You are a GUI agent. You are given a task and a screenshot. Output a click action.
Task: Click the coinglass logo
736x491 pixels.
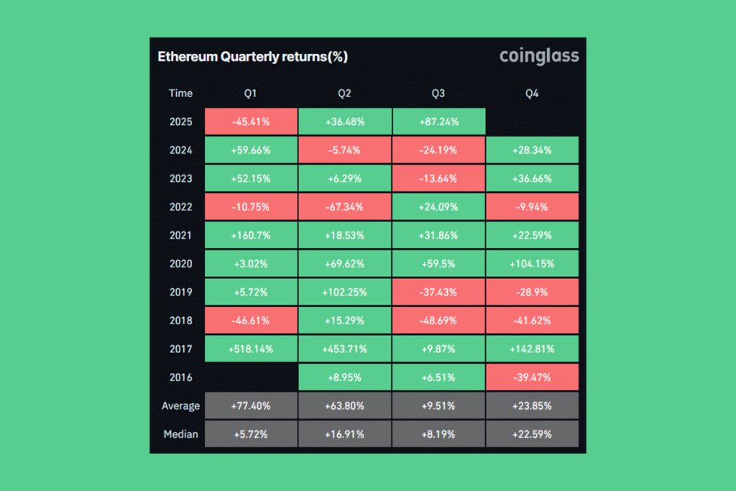point(539,56)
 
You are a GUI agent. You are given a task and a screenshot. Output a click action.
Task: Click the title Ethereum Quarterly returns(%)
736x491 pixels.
point(252,57)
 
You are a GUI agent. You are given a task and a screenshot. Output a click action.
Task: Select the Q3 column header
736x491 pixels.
point(438,93)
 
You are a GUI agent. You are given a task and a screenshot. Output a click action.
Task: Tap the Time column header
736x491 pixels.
point(180,93)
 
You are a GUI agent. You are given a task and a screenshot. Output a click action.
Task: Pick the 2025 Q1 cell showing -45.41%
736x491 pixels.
point(251,121)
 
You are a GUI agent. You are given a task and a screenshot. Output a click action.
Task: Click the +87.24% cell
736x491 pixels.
point(438,121)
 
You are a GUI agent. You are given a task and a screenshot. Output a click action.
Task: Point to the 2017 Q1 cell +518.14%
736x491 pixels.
point(251,349)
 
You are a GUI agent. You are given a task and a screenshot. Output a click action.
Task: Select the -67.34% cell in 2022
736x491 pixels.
point(344,207)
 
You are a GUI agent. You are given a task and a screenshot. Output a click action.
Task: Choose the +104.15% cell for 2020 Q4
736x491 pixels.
point(532,264)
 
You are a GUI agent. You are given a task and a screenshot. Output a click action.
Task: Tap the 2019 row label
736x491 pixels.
point(180,292)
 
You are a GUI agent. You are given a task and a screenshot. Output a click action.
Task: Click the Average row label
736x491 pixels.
point(180,405)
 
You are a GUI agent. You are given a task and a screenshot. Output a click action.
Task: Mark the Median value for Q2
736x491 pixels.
point(344,433)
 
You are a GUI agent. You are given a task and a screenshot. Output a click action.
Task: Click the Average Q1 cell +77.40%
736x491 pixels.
point(251,405)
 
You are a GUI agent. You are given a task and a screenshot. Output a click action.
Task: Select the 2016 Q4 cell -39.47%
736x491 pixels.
point(532,377)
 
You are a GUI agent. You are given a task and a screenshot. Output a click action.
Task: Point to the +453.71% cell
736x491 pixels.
point(344,349)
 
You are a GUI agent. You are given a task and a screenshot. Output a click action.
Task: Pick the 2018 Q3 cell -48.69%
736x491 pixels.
point(438,321)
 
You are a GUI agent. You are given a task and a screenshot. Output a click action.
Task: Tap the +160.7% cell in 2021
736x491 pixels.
point(251,235)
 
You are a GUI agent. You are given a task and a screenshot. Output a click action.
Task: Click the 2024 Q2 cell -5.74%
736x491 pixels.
point(344,150)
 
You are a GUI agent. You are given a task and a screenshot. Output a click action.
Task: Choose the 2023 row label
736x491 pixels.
point(180,178)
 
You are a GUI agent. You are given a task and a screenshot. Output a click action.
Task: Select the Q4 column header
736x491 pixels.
point(532,93)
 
